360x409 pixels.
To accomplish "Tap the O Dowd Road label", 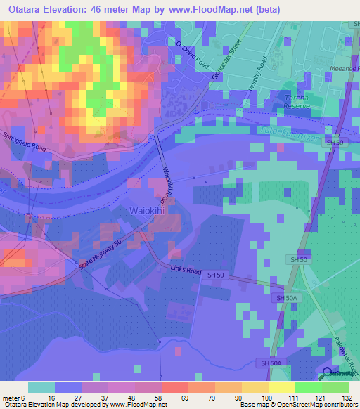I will (x=192, y=54).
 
